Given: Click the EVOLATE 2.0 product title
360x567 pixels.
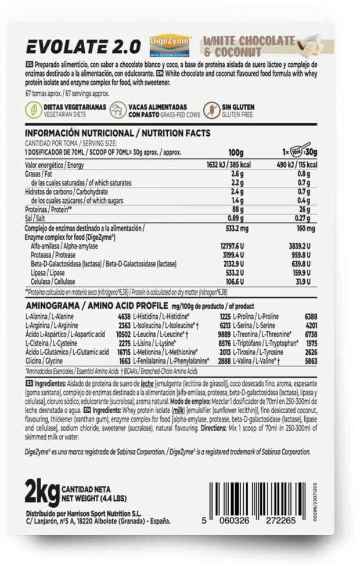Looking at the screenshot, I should [82, 46].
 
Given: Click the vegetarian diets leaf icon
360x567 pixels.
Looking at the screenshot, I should [33, 110].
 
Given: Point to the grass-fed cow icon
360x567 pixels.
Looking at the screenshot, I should [118, 110].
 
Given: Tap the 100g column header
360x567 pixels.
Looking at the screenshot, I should [236, 152].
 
